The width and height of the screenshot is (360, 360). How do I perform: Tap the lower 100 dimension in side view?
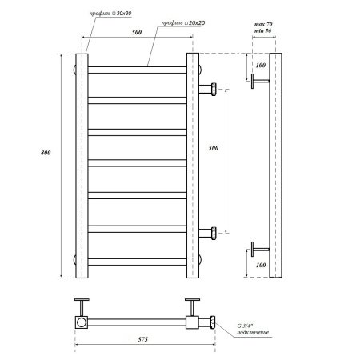point(259,263)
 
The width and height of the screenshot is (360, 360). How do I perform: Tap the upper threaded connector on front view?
point(210,88)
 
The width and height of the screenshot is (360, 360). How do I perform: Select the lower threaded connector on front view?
point(210,234)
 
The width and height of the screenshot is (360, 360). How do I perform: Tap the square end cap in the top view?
point(82,322)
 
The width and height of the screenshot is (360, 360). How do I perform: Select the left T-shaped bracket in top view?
point(82,306)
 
